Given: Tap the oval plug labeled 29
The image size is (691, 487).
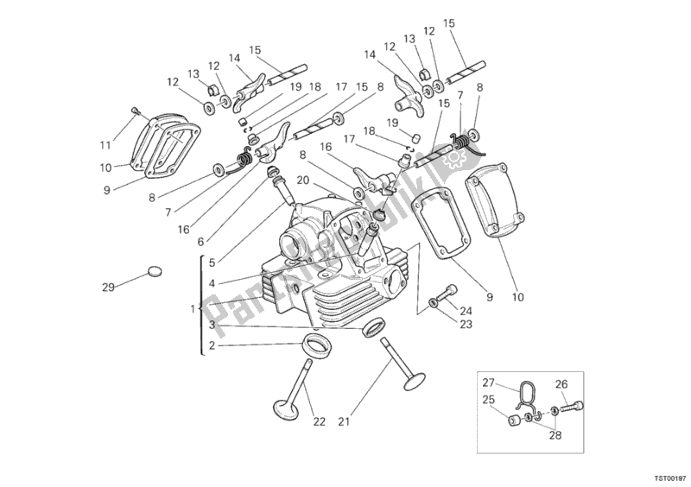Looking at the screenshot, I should [154, 271].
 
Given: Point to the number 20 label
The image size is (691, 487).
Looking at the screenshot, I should [303, 180].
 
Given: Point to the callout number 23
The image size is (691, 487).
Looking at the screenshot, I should [466, 326].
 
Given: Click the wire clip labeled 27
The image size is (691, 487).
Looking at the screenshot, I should [525, 396].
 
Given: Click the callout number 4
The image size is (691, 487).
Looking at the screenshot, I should [212, 283].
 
